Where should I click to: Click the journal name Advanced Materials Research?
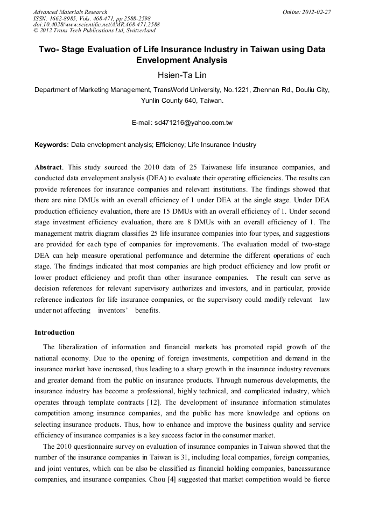coord(70,12)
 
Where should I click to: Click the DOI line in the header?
coord(96,24)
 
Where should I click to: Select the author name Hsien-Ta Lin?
coord(182,75)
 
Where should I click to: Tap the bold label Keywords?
coord(52,145)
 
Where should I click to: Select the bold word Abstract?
coord(48,167)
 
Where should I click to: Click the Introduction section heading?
coord(54,333)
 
